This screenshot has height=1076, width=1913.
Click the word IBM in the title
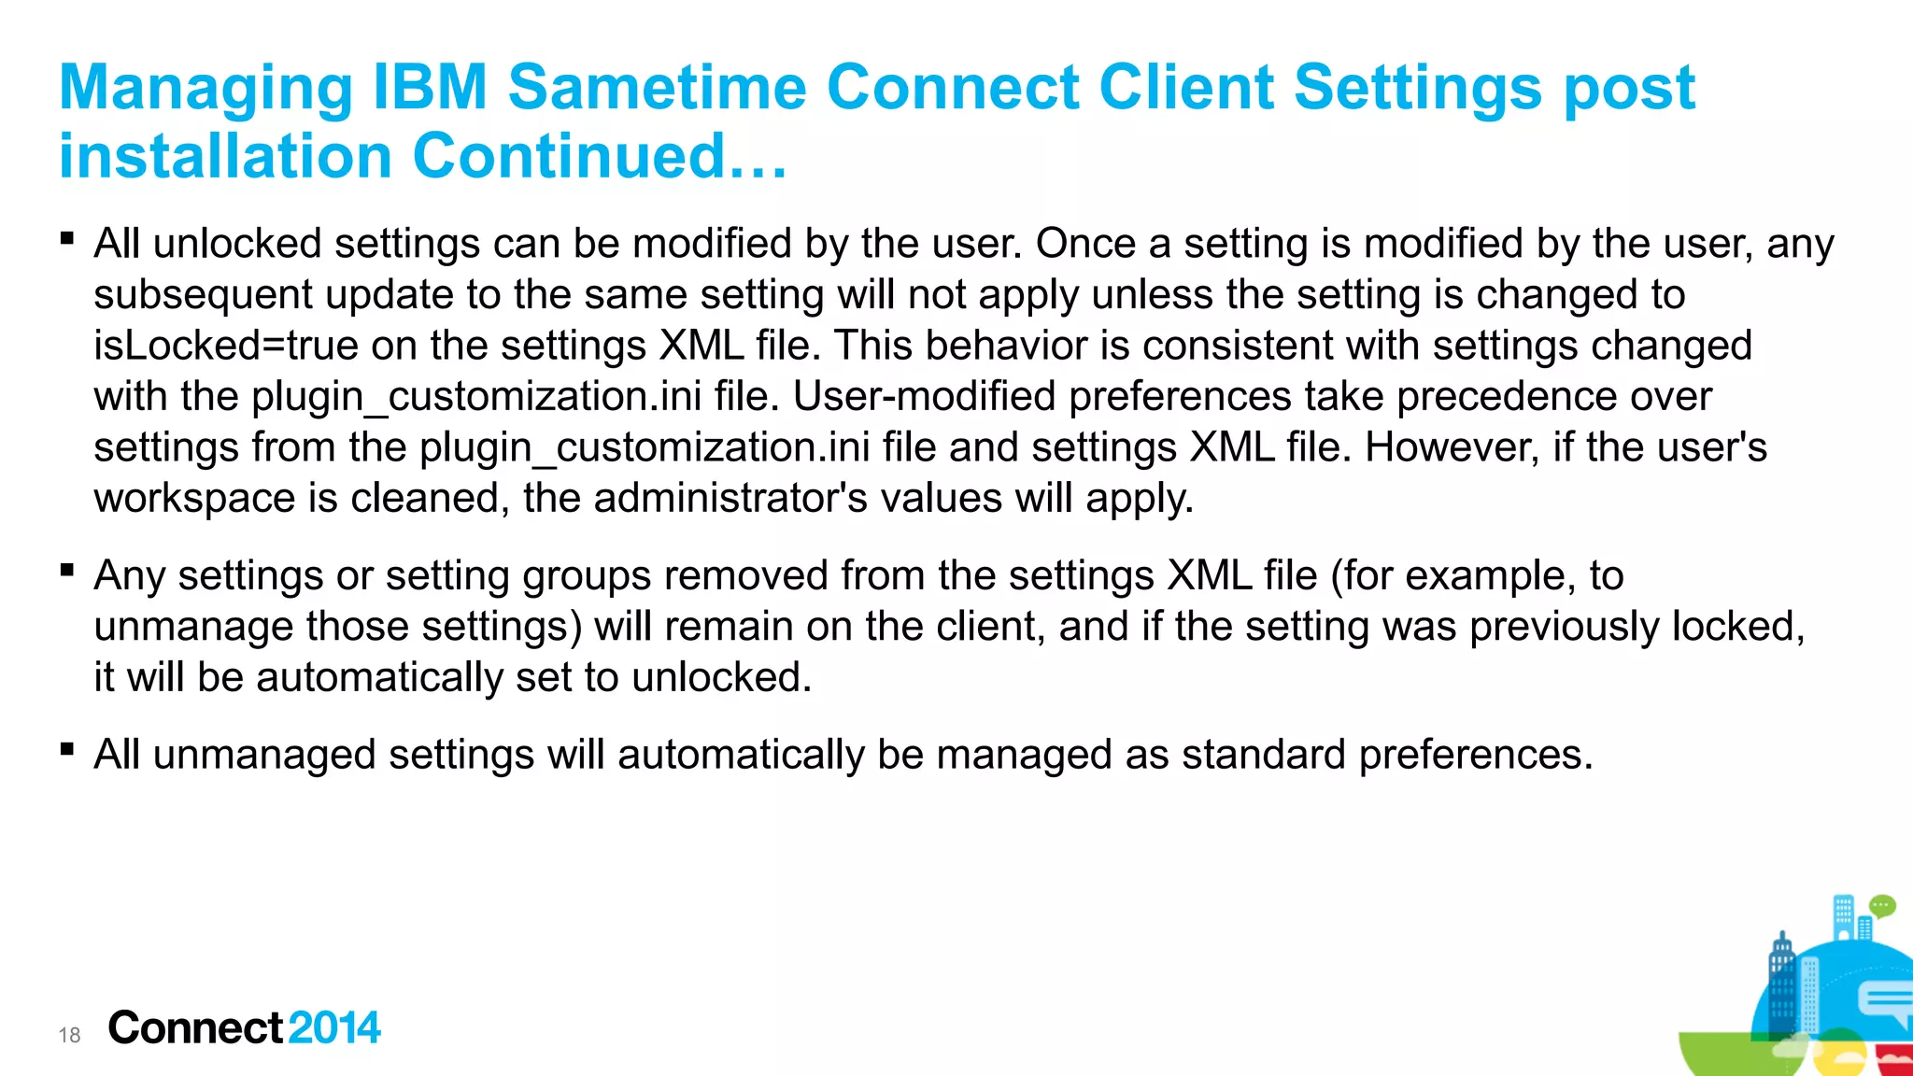[430, 88]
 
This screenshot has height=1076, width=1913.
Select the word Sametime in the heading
[657, 88]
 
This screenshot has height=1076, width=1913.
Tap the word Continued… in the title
[600, 156]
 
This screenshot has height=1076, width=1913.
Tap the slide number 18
[69, 1035]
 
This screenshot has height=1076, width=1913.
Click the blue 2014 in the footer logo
[334, 1027]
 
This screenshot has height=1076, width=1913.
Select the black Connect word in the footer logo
[195, 1027]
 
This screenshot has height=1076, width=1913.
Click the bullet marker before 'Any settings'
[66, 570]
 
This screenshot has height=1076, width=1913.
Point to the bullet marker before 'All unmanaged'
[66, 749]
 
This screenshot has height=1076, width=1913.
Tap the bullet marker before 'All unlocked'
[66, 238]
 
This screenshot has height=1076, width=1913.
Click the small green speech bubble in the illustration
[1882, 906]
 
